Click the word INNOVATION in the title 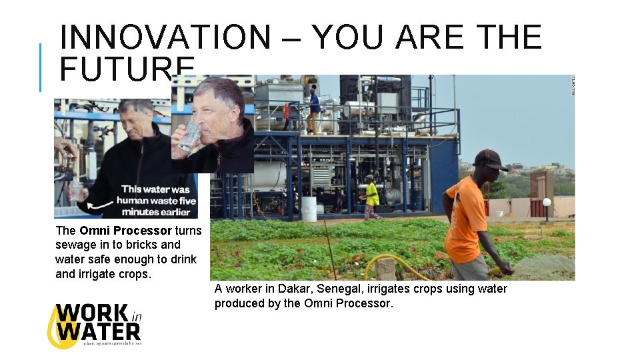(x=165, y=37)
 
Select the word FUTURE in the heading (x=127, y=67)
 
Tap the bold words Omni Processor (x=125, y=231)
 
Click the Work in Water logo (x=94, y=325)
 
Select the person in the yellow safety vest (x=371, y=196)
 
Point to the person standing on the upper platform (x=314, y=108)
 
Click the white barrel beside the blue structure (x=309, y=209)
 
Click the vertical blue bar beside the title (x=40, y=67)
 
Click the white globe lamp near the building (x=547, y=202)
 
